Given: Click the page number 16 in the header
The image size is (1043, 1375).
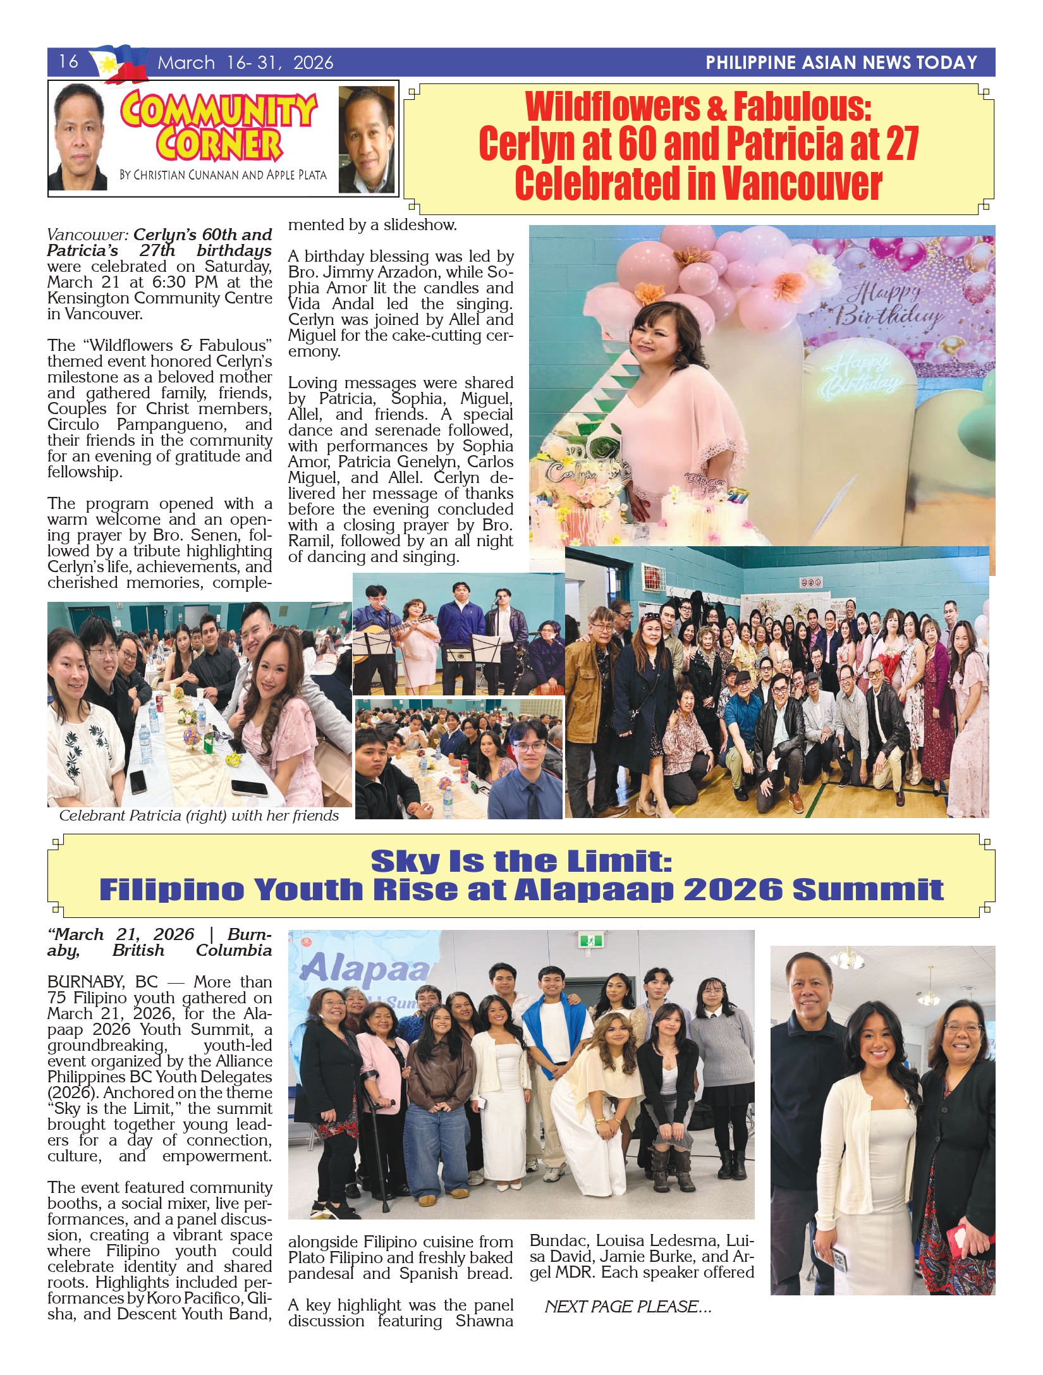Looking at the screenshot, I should (68, 61).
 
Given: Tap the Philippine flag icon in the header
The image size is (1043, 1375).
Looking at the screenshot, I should (120, 64).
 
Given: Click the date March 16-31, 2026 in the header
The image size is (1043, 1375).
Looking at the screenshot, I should (245, 63).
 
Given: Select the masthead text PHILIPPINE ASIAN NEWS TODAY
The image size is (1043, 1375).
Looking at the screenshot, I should (841, 63).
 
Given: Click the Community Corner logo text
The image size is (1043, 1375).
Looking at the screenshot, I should (218, 126).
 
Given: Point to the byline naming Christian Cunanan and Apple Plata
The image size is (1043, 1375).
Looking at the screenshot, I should (223, 175).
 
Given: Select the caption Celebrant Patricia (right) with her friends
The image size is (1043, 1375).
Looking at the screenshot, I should (198, 816).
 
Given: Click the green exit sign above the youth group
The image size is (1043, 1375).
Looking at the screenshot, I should (591, 940).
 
